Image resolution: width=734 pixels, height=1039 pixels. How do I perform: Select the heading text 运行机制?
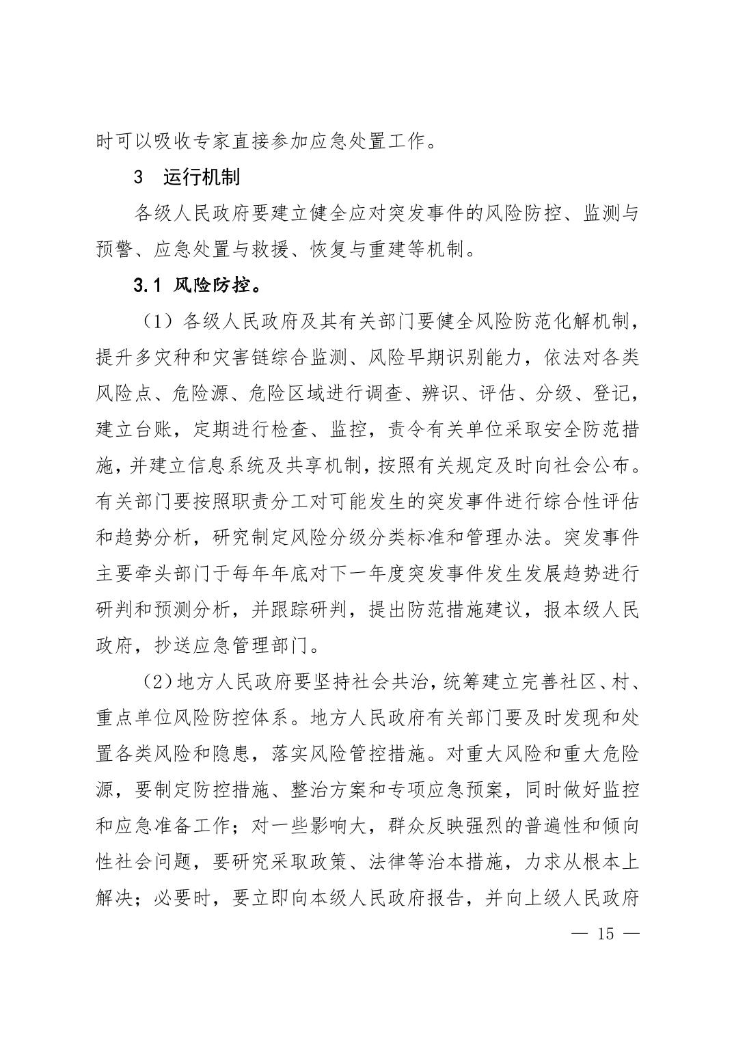pos(202,178)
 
